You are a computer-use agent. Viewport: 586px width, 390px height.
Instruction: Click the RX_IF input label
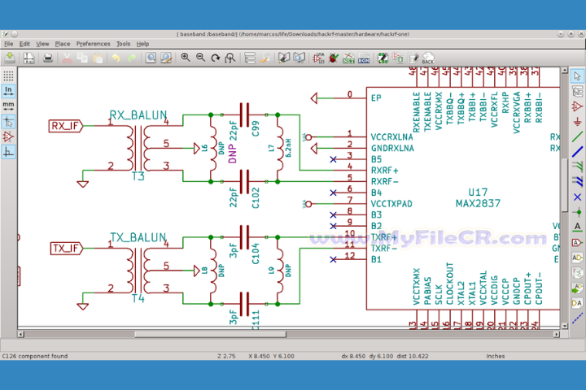66,126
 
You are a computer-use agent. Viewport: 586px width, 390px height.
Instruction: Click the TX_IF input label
66,248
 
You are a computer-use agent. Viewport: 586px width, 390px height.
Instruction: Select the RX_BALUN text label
138,115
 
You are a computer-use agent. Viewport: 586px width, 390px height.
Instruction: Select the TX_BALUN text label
138,237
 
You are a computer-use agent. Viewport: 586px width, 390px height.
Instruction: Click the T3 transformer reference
138,176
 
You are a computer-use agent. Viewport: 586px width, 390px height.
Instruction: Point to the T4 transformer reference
138,298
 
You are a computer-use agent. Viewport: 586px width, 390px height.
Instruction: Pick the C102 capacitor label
256,198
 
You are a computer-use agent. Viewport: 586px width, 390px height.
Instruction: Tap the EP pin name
376,97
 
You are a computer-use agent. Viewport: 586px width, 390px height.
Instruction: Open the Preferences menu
93,44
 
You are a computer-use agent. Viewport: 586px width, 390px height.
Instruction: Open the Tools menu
123,44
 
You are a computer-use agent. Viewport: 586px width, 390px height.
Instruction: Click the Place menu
62,44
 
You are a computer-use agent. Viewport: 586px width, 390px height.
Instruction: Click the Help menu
142,44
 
